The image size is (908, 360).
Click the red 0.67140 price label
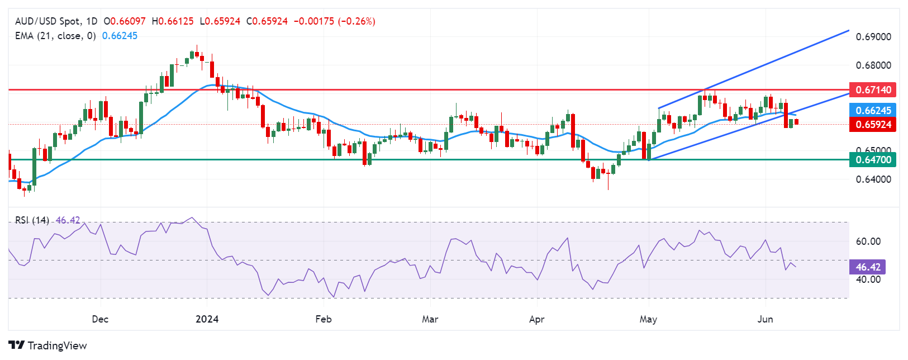pyautogui.click(x=872, y=89)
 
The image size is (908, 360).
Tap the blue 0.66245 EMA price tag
pyautogui.click(x=872, y=110)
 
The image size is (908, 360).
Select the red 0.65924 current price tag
pyautogui.click(x=872, y=124)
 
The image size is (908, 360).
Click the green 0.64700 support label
pyautogui.click(x=872, y=160)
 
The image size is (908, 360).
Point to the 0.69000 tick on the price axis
pyautogui.click(x=873, y=37)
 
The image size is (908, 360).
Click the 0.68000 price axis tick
pyautogui.click(x=873, y=65)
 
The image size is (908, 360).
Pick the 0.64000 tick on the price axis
pyautogui.click(x=873, y=179)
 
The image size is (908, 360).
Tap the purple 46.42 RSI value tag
pyautogui.click(x=867, y=267)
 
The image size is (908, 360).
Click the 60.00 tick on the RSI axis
pyautogui.click(x=868, y=241)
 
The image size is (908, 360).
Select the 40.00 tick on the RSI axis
pyautogui.click(x=868, y=279)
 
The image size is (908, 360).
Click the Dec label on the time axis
pyautogui.click(x=100, y=319)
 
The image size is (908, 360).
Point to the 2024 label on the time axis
pyautogui.click(x=207, y=319)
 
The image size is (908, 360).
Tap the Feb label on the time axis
pyautogui.click(x=323, y=319)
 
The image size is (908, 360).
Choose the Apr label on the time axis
pyautogui.click(x=536, y=319)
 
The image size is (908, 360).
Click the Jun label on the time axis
pyautogui.click(x=765, y=319)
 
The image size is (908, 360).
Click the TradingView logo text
pyautogui.click(x=57, y=345)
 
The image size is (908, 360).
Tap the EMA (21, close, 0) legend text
pyautogui.click(x=55, y=36)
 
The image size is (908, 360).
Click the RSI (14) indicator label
pyautogui.click(x=32, y=220)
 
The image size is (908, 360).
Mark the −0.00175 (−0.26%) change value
pyautogui.click(x=334, y=21)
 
